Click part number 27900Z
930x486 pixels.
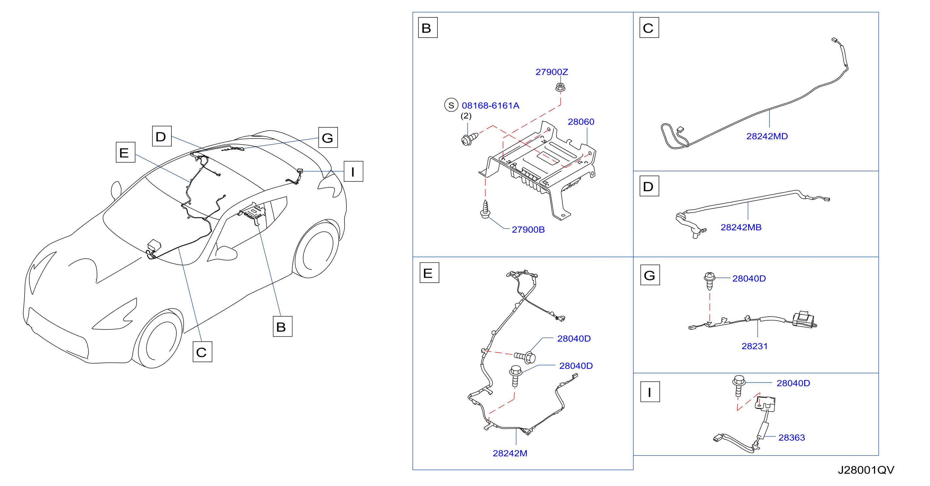551,72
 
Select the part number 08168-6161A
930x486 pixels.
490,106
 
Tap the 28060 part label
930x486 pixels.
581,122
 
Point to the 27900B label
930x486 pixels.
528,230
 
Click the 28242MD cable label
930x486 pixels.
767,136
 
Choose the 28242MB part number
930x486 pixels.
741,227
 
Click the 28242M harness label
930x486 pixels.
510,453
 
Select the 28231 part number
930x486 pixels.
754,346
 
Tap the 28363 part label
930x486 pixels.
791,438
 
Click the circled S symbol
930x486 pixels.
451,105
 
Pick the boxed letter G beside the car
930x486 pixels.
328,138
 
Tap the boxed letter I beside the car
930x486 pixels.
353,171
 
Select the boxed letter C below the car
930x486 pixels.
202,352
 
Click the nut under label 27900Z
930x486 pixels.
560,87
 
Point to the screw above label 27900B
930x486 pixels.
485,209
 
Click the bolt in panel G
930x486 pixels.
709,281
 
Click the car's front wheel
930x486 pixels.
159,339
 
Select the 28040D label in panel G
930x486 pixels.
749,279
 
